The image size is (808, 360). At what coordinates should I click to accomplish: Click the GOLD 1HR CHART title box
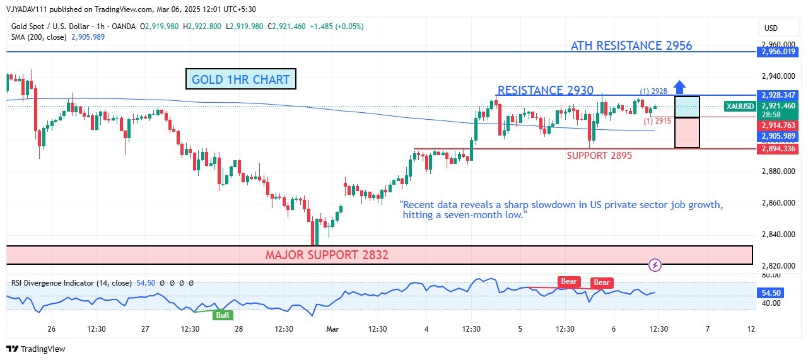tap(240, 79)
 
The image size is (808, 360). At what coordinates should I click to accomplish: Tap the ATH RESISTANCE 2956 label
tap(631, 45)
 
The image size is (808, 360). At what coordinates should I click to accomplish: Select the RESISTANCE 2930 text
tap(545, 90)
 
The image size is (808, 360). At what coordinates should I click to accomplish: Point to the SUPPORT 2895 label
tap(599, 155)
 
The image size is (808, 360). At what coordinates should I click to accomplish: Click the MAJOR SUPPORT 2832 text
tap(327, 255)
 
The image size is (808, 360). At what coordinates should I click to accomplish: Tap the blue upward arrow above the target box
tap(679, 86)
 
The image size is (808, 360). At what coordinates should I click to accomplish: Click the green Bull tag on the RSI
tap(223, 315)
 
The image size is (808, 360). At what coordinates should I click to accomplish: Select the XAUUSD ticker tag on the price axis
tap(739, 107)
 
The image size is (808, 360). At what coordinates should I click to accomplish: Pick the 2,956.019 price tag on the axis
tap(779, 52)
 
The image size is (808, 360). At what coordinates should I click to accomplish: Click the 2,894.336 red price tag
tap(779, 149)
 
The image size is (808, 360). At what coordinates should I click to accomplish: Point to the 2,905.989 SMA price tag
tap(779, 136)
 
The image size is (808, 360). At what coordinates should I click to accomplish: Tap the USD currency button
tap(771, 28)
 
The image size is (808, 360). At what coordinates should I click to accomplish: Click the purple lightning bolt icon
tap(655, 265)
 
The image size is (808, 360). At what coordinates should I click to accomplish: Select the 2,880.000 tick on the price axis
tap(778, 171)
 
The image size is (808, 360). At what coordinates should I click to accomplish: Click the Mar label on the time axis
tap(332, 328)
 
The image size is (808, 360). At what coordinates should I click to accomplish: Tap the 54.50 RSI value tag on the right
tap(772, 293)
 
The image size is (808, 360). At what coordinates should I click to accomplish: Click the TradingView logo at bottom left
tap(36, 349)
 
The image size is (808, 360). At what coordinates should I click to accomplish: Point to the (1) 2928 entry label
tap(653, 91)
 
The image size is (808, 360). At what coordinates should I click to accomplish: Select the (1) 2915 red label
tap(657, 120)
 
